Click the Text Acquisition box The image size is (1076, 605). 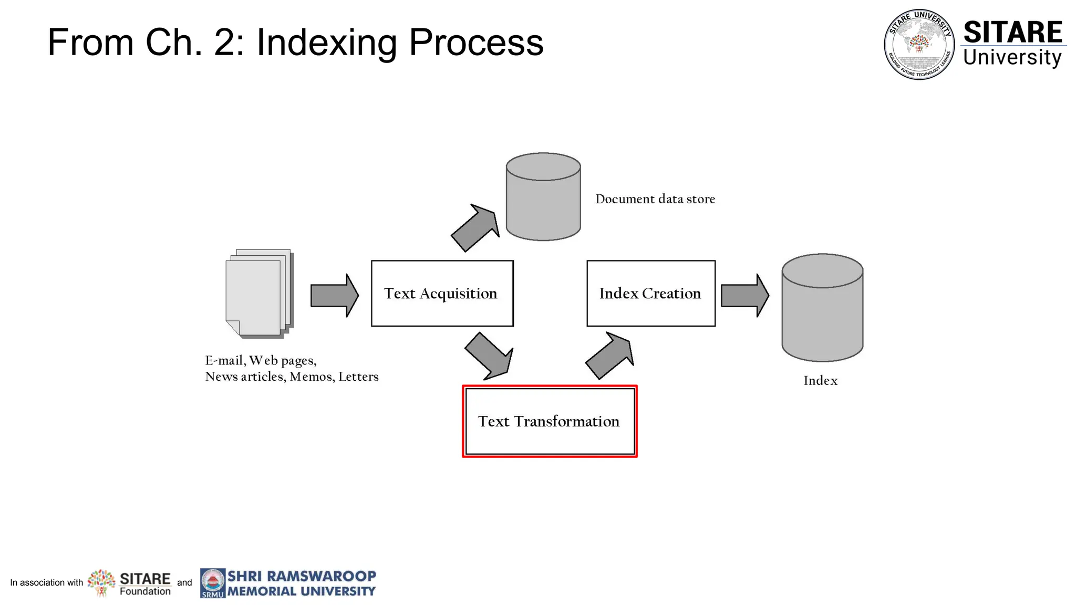pyautogui.click(x=442, y=293)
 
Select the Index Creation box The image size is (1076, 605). pyautogui.click(x=650, y=293)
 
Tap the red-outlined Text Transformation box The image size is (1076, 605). pyautogui.click(x=549, y=421)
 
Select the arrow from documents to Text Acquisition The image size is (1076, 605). pyautogui.click(x=334, y=295)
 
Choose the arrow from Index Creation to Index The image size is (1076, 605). pyautogui.click(x=744, y=295)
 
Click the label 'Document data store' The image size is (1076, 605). pyautogui.click(x=655, y=199)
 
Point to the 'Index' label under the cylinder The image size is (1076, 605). pyautogui.click(x=820, y=381)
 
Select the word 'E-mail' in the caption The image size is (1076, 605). pyautogui.click(x=224, y=360)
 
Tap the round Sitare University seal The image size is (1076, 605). pyautogui.click(x=919, y=44)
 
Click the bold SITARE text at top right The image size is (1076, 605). pyautogui.click(x=1012, y=32)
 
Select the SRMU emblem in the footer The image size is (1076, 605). pyautogui.click(x=213, y=583)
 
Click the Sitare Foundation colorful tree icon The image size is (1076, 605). pyautogui.click(x=101, y=582)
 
